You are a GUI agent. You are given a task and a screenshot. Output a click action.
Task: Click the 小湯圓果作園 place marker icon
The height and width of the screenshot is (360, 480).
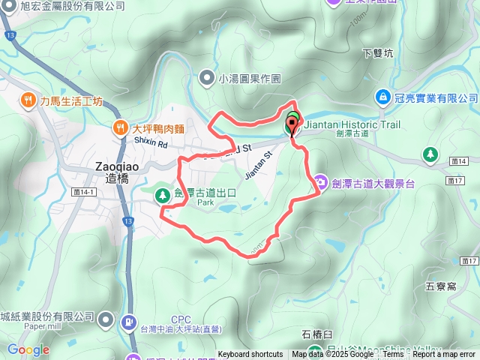pos(207,77)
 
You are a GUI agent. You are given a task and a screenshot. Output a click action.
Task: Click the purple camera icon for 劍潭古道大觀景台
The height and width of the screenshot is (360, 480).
pos(320,181)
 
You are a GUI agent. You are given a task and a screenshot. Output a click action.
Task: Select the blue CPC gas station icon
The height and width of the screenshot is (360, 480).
pos(127,321)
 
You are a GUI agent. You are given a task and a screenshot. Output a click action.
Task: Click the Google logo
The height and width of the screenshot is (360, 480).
pos(28,349)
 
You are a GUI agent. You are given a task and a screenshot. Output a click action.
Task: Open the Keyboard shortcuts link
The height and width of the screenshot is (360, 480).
pos(250,355)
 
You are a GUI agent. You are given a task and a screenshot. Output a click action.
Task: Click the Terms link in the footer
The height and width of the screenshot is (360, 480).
pos(394,355)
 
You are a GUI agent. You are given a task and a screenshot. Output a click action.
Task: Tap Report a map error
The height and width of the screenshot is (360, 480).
pos(444,355)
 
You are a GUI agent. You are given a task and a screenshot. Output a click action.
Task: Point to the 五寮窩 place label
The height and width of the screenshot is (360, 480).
pos(440,286)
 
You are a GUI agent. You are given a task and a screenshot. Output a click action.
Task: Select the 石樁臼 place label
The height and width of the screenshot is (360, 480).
pos(317,334)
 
